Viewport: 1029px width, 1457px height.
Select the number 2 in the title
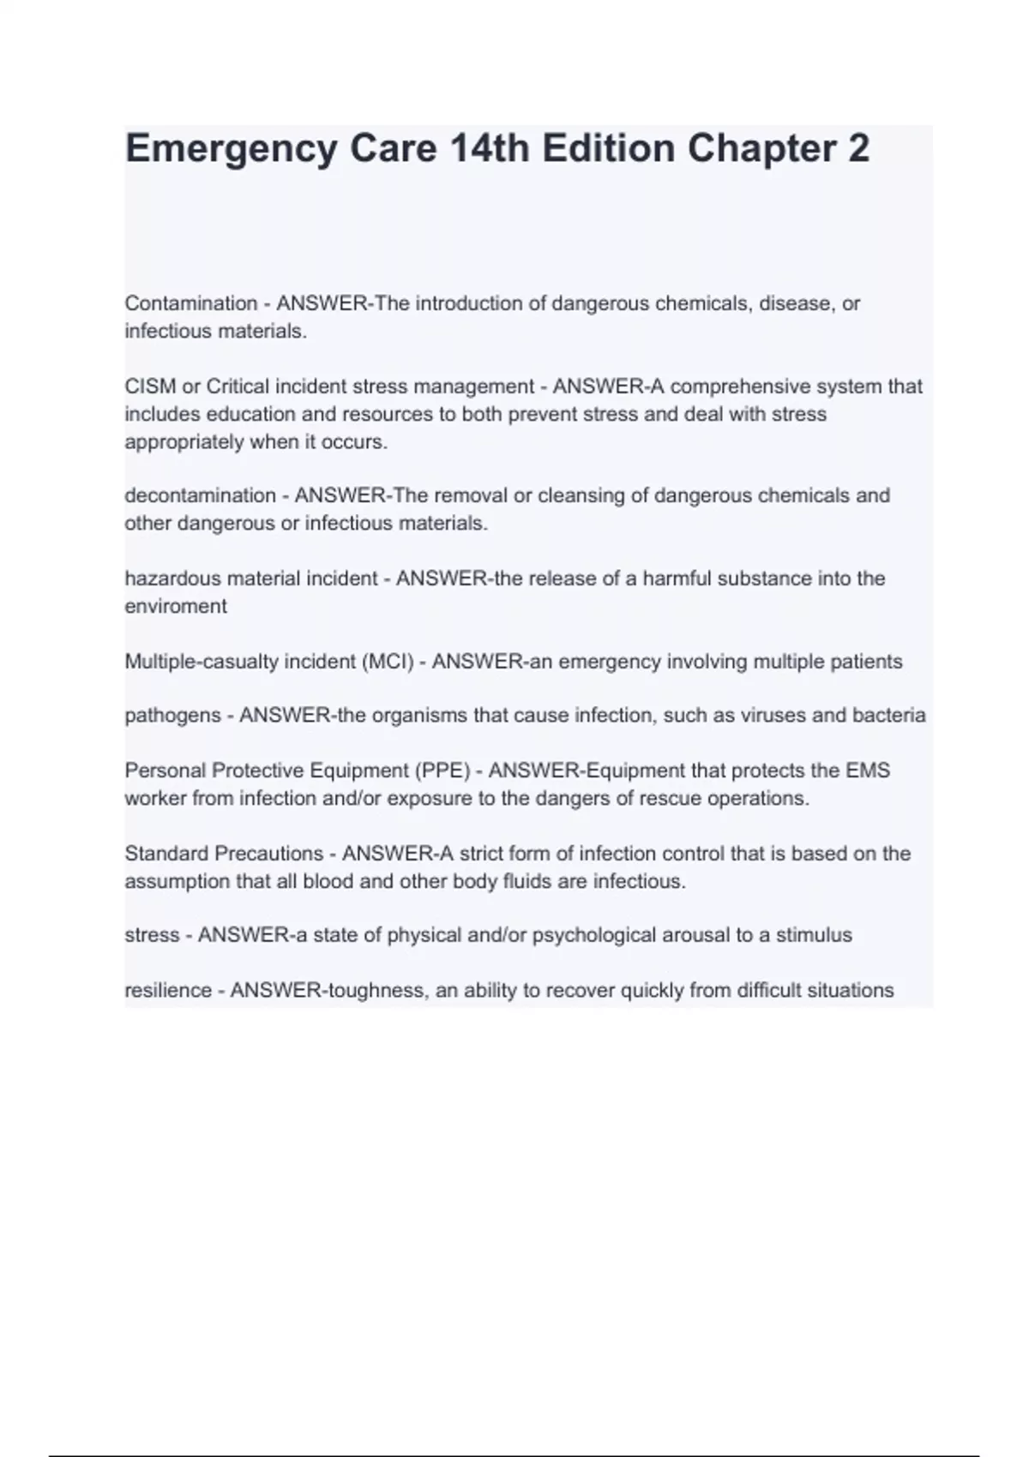pos(858,149)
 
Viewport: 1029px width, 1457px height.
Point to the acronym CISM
pos(150,387)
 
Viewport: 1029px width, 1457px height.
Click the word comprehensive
pos(739,387)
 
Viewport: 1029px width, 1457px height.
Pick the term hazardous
pos(165,579)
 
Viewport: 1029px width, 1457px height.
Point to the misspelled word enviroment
pos(176,606)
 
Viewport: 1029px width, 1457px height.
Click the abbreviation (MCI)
pos(388,662)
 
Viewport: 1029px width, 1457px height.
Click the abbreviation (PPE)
pos(442,770)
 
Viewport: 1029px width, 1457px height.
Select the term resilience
pos(168,991)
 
